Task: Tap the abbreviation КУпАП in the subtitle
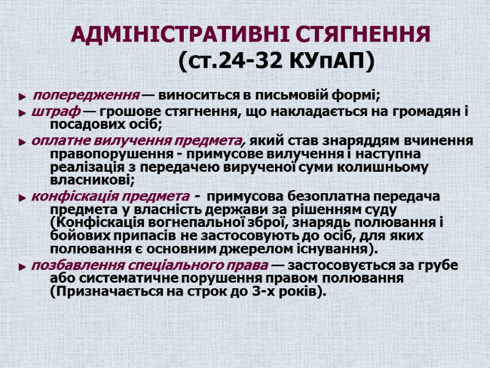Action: point(327,61)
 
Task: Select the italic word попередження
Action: point(85,96)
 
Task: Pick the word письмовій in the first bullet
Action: point(285,96)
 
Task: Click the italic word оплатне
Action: point(58,140)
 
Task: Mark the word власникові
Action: point(89,180)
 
